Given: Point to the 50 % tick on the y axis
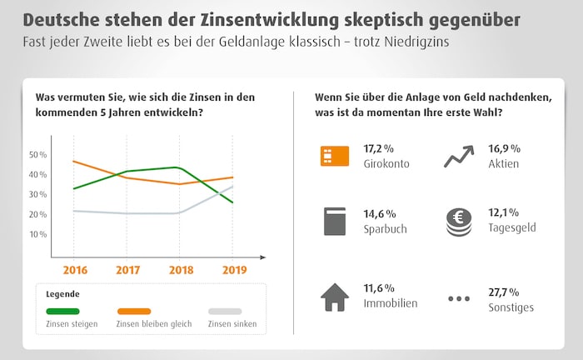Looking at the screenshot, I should coord(37,155).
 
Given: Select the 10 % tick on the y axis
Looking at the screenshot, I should coord(37,234).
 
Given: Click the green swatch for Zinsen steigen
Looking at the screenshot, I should coord(62,311).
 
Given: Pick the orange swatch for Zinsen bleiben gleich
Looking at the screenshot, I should coord(134,311).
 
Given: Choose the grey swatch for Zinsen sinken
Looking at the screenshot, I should coord(224,311).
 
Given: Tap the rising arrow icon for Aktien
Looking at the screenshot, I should coord(458,156).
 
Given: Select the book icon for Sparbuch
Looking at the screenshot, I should coord(335,221).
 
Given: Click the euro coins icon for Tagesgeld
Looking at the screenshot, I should coord(458,221).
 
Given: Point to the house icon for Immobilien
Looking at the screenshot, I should coord(335,296).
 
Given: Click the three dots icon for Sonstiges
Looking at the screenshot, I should coord(458,297).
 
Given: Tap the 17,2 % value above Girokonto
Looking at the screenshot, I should coord(380,148).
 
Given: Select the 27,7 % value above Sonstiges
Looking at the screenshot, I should coord(504,292).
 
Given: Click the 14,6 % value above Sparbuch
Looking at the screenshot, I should coord(380,214).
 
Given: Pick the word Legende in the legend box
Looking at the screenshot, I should coord(64,294).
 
